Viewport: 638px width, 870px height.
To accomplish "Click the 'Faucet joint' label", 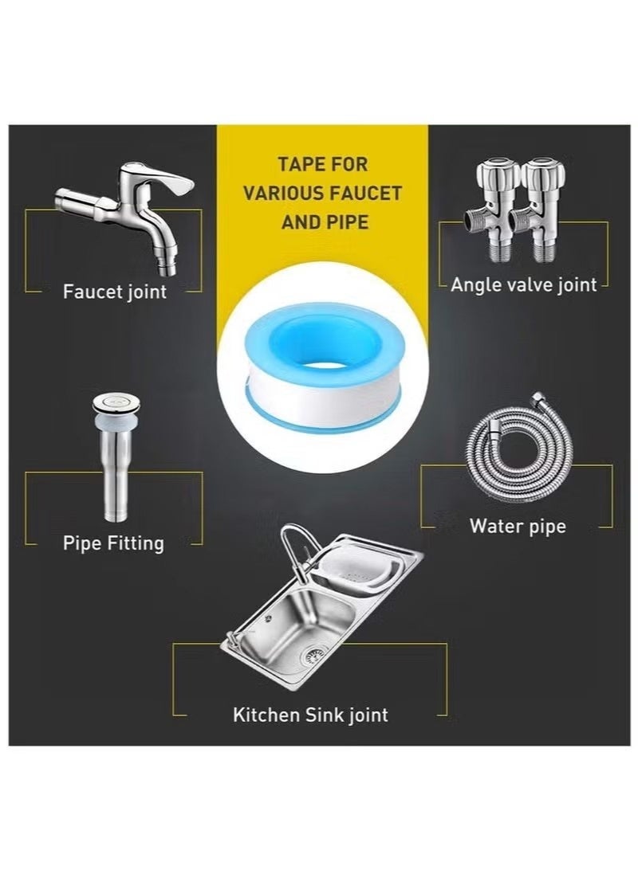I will click(x=115, y=292).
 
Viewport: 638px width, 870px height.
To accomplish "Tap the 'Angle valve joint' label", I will click(x=523, y=284).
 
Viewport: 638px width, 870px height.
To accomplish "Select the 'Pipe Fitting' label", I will click(x=113, y=543).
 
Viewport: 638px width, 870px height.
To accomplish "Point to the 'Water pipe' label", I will click(x=517, y=526).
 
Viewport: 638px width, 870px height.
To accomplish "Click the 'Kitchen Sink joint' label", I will click(x=310, y=714).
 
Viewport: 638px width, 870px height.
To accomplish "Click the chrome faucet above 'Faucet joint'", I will click(x=128, y=207).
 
